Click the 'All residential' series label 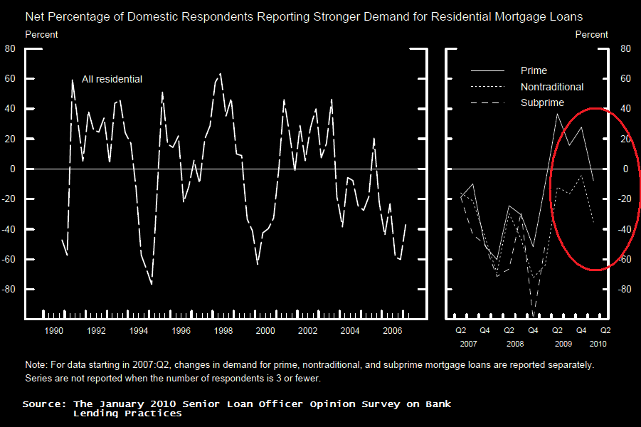(112, 79)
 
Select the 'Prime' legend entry (534, 70)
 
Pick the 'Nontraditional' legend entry (552, 87)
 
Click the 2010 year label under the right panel (597, 343)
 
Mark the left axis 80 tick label (10, 48)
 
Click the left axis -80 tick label (9, 290)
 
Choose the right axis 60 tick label (626, 79)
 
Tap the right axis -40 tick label (625, 229)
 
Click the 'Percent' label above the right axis (591, 34)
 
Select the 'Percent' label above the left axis (41, 34)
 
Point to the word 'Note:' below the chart (36, 364)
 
